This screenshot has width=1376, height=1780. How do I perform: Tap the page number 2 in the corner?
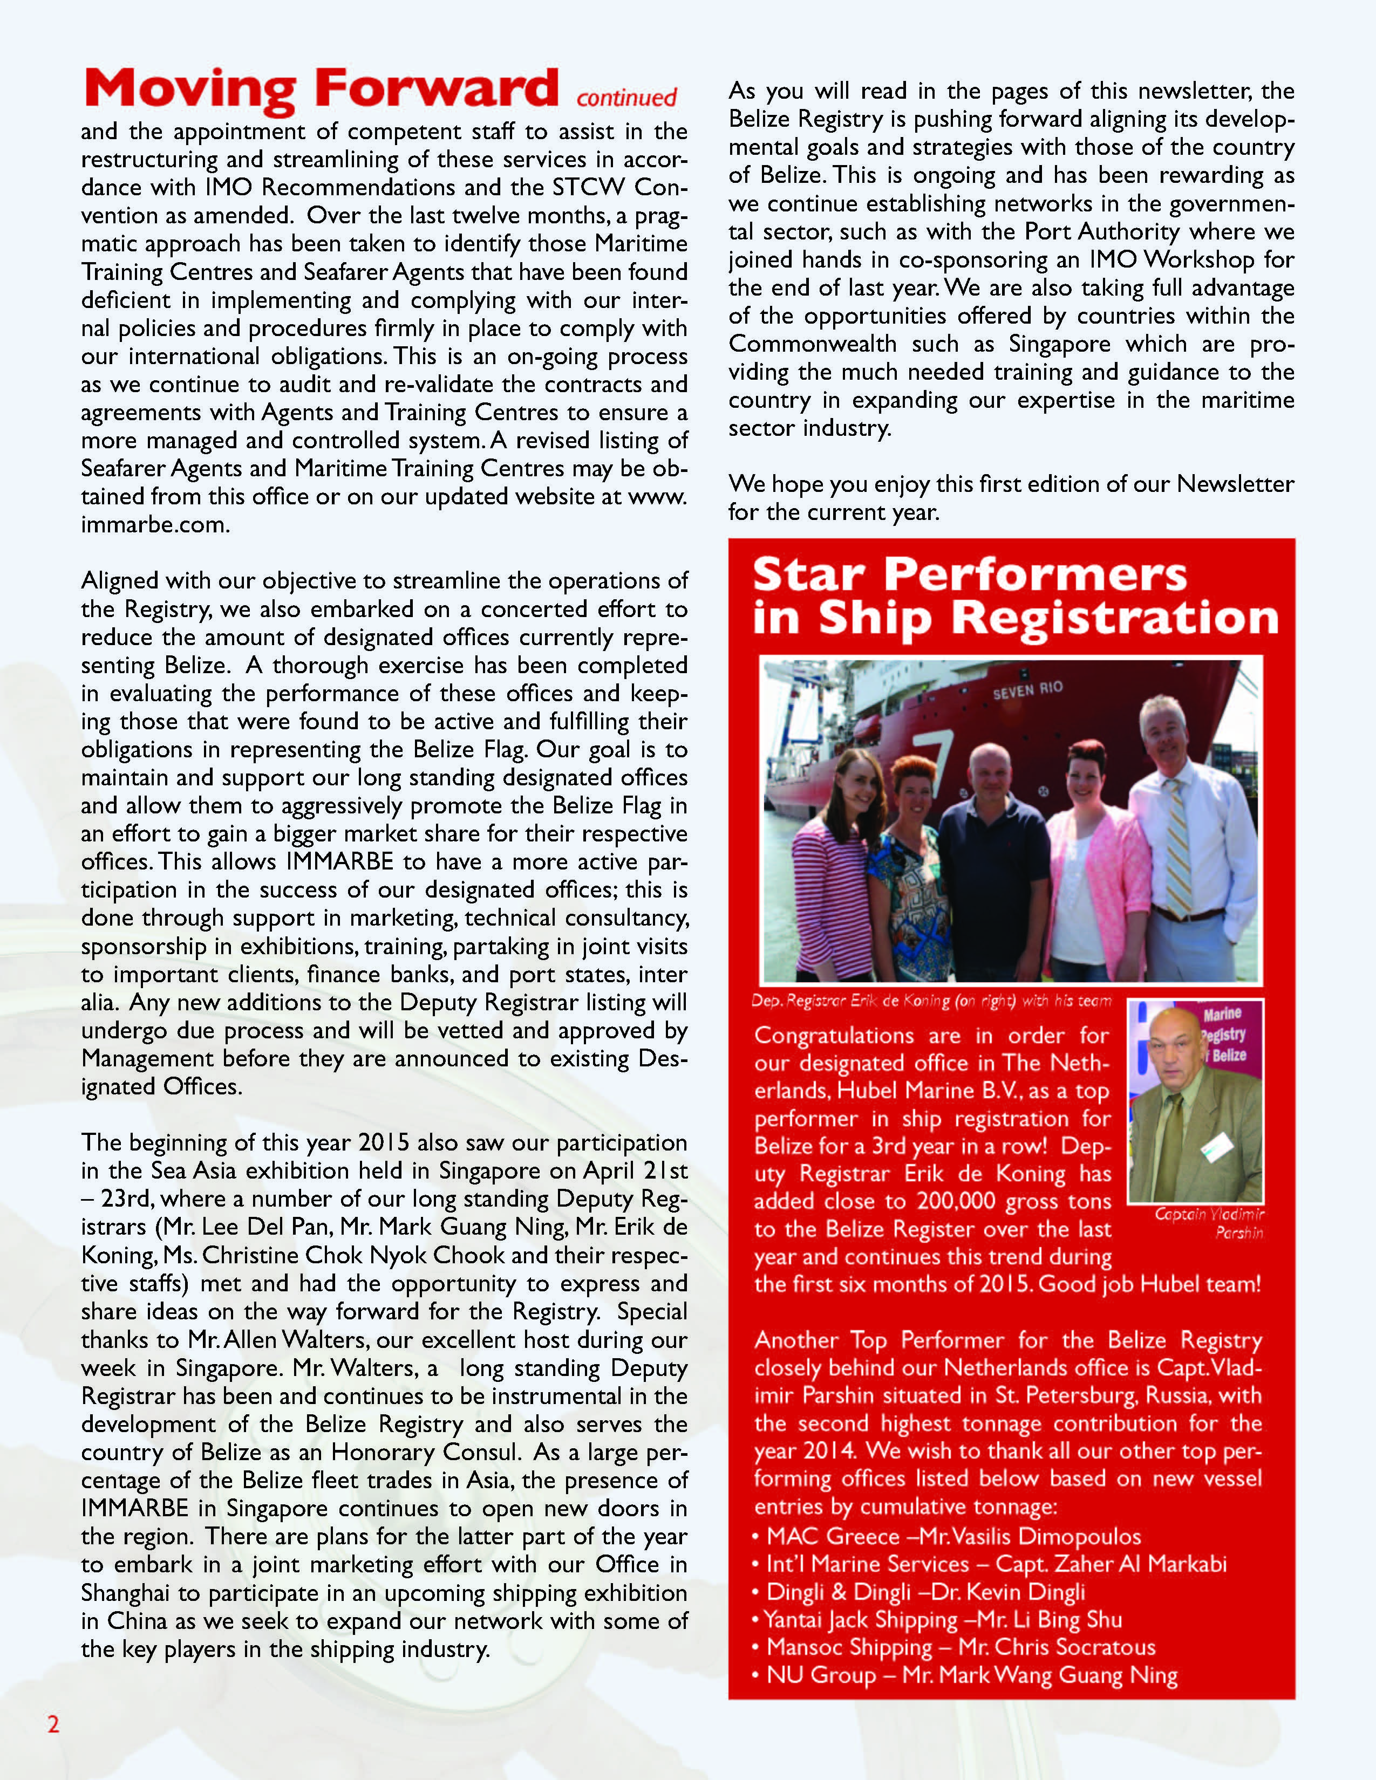[53, 1724]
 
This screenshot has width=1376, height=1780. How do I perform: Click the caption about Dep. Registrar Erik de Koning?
[931, 1001]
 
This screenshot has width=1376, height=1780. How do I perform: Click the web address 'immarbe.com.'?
[155, 525]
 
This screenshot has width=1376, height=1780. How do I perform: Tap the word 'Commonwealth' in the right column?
[812, 344]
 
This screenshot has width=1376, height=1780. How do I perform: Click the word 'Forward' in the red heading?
[436, 87]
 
